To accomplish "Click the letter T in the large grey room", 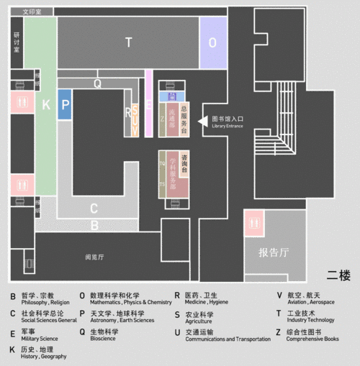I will [x=129, y=42].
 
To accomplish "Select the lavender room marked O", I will [x=212, y=42].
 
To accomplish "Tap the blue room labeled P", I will [x=65, y=104].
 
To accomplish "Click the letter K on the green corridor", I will [x=45, y=106].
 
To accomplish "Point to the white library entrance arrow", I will [x=202, y=120].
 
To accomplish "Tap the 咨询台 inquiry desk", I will [x=184, y=165].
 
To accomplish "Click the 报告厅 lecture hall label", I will [x=274, y=252].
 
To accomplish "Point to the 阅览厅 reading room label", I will [x=94, y=257].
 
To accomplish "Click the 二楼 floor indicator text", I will [x=338, y=274].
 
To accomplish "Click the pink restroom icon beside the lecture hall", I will [x=256, y=224].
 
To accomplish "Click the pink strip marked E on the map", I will [x=148, y=104].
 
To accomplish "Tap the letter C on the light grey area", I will [x=94, y=210].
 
